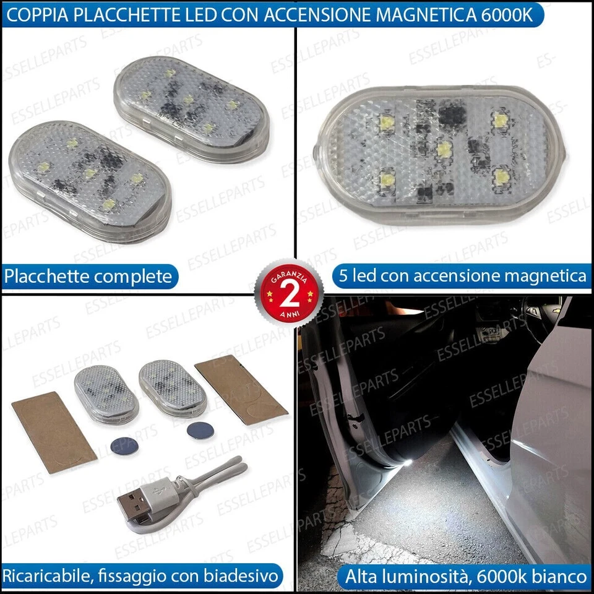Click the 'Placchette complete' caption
[x=88, y=277]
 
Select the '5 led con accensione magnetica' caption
[x=462, y=277]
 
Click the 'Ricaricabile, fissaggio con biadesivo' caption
[x=140, y=577]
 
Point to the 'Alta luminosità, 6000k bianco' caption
[x=465, y=577]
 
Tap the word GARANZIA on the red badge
[x=288, y=272]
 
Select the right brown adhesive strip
[x=241, y=390]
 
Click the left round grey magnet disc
[x=124, y=444]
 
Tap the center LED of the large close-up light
[x=443, y=149]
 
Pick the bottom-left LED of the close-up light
[x=387, y=181]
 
